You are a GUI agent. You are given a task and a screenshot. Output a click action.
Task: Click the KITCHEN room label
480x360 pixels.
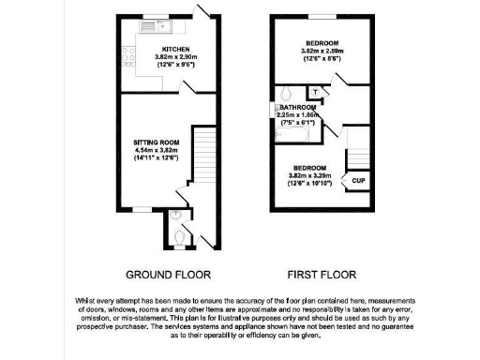pos(175,49)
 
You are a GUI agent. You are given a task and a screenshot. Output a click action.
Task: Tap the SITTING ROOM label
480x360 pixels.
pos(155,142)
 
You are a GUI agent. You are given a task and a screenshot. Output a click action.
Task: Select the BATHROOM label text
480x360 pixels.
pos(297,108)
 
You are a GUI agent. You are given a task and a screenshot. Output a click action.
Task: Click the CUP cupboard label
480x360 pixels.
pos(358,180)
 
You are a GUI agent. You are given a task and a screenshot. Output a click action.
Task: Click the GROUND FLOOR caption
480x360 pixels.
pos(168,275)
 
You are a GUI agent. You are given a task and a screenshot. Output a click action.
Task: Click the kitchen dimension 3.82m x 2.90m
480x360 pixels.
pos(175,57)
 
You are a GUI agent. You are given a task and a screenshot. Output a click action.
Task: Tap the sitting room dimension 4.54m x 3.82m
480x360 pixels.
pos(155,150)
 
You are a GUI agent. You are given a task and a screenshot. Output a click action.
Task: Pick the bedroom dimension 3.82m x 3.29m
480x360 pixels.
pos(314,175)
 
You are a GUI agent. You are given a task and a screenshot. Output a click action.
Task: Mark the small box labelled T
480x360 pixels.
pos(317,92)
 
